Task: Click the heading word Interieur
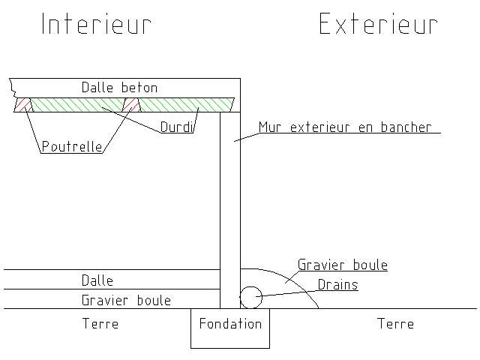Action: tap(96, 24)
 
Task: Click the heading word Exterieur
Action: tap(378, 24)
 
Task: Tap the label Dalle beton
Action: tap(120, 88)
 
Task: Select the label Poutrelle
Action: tap(72, 147)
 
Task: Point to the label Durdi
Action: tap(177, 127)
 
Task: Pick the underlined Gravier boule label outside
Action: tap(343, 265)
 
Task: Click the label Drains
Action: tap(337, 285)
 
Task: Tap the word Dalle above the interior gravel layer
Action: tap(97, 280)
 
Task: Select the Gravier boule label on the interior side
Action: tap(126, 300)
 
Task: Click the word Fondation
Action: tap(230, 324)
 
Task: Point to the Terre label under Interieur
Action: tap(100, 324)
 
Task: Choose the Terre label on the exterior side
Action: tap(395, 324)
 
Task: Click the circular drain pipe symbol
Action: tap(250, 298)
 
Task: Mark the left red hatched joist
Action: tap(23, 104)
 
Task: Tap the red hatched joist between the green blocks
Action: tap(132, 104)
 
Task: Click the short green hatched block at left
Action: tap(75, 104)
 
